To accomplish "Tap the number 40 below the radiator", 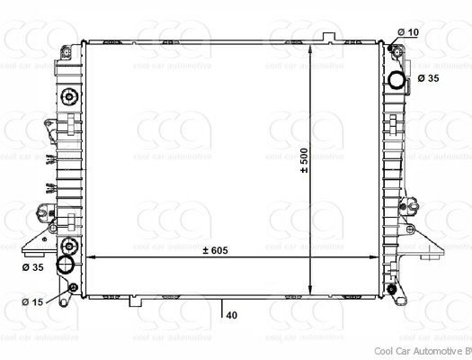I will pos(232,315).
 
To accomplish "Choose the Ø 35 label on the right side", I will pos(429,79).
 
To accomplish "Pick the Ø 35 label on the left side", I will pos(32,267).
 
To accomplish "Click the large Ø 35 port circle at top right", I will pos(397,80).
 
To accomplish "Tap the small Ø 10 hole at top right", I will pos(396,49).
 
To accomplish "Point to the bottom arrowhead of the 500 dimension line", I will pos(309,289).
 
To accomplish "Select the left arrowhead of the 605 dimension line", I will pos(90,258).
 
